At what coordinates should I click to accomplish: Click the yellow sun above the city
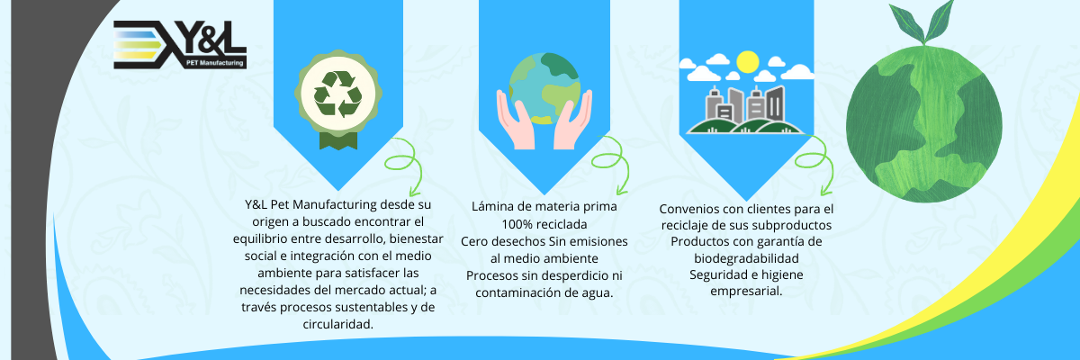coord(746,62)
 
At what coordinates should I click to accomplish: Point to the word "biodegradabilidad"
coord(746,257)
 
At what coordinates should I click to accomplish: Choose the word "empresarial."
coord(746,292)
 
